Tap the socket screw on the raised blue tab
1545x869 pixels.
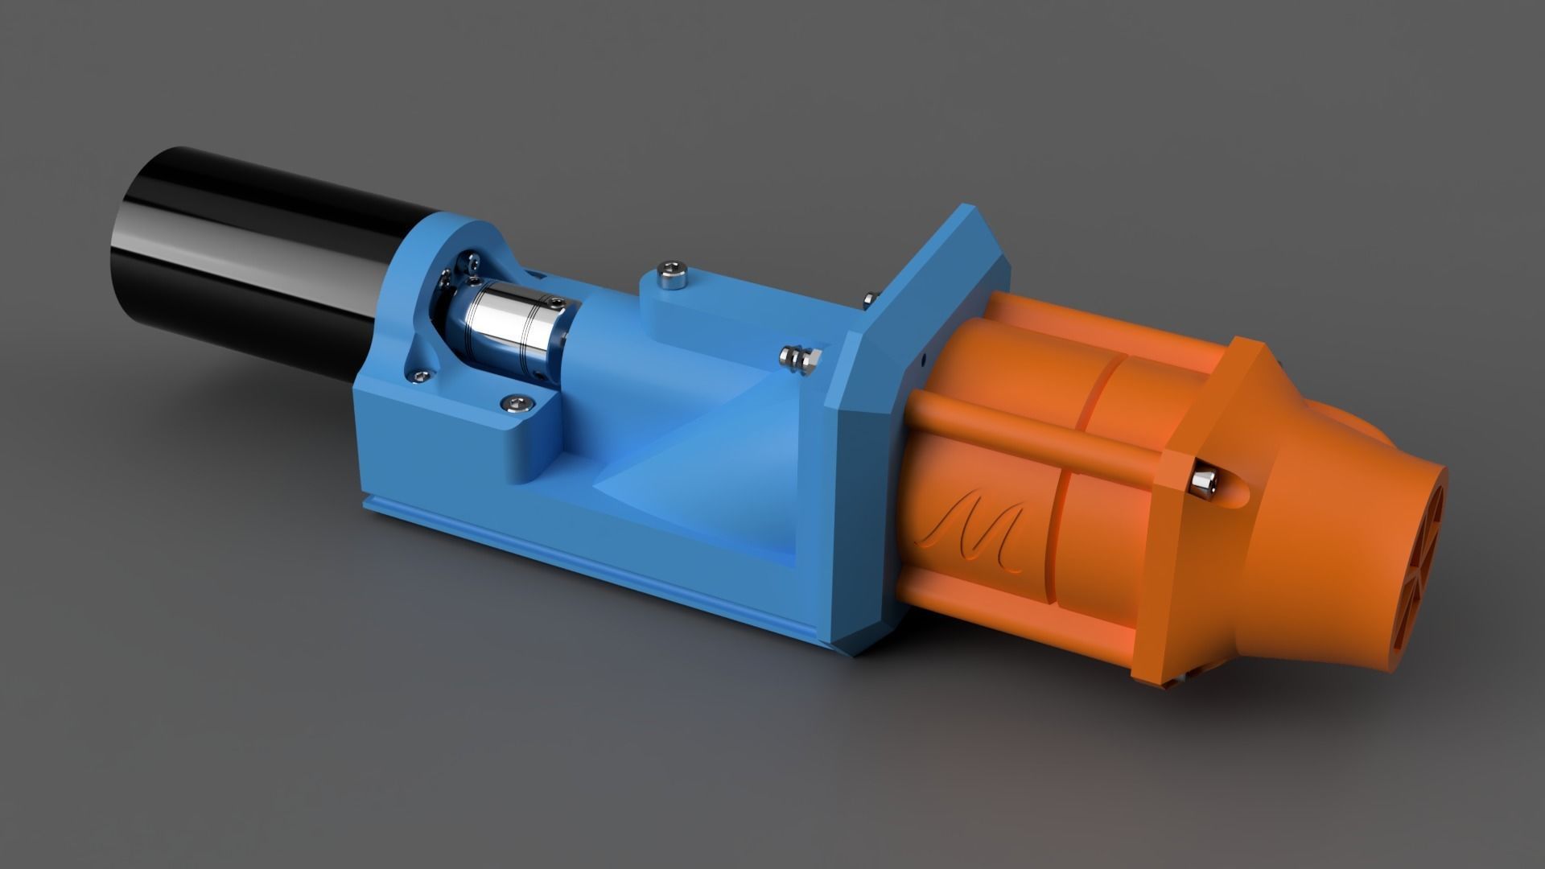tap(670, 274)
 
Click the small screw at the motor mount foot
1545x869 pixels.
tap(418, 372)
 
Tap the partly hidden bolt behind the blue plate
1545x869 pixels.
tap(867, 299)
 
